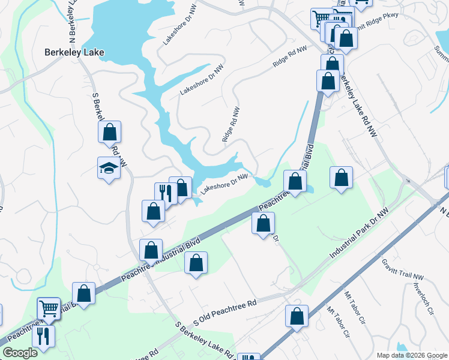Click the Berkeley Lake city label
74,52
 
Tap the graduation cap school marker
109,167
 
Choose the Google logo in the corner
20,353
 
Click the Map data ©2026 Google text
412,355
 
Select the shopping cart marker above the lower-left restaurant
49,308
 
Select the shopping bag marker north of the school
110,131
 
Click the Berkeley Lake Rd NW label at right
358,107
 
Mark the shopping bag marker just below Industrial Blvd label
196,262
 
